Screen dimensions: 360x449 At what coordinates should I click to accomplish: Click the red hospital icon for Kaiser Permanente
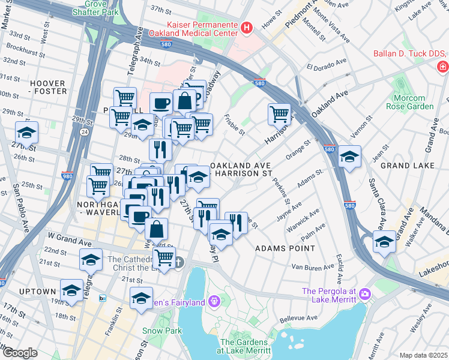tap(246, 28)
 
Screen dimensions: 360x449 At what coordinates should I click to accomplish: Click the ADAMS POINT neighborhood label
tap(285, 248)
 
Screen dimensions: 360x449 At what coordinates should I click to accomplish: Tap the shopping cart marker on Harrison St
tap(280, 114)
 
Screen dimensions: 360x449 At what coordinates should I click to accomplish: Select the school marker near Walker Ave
tap(384, 242)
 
